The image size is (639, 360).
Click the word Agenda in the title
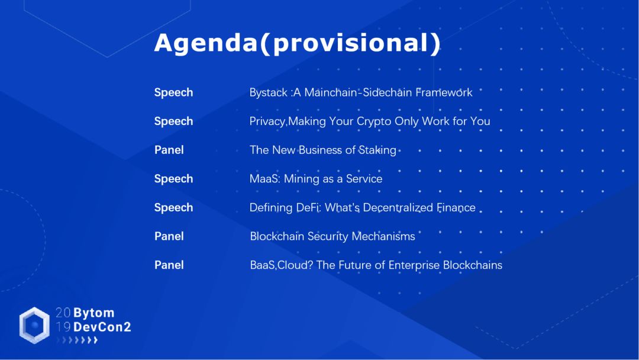tap(206, 43)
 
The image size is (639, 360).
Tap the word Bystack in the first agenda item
tap(268, 93)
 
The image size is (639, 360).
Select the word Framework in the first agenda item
tap(444, 92)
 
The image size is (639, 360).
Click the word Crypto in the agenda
tap(374, 121)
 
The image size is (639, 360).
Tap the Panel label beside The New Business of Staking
tap(169, 150)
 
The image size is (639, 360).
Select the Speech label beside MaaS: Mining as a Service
tap(173, 179)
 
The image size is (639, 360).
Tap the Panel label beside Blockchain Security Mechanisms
tap(169, 236)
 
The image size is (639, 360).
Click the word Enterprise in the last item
tap(414, 265)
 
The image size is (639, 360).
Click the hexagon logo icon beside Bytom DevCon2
tap(34, 325)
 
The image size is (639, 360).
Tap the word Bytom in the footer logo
tap(93, 313)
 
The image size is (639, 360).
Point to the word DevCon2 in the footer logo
tap(102, 327)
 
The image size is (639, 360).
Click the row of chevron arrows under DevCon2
tap(77, 340)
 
